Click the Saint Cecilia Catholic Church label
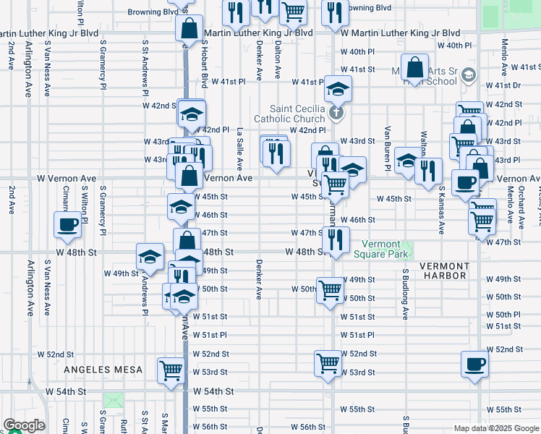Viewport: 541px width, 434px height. tap(289, 113)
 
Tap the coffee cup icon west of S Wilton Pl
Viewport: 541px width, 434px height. tap(68, 224)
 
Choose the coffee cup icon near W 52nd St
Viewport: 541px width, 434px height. tap(475, 365)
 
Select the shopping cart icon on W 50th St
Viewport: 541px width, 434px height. tap(331, 291)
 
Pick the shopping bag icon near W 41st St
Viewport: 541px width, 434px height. tap(417, 68)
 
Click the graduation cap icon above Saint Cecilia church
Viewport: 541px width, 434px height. tap(337, 89)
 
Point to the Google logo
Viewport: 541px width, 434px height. tap(24, 425)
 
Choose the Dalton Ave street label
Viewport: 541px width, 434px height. tap(278, 59)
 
